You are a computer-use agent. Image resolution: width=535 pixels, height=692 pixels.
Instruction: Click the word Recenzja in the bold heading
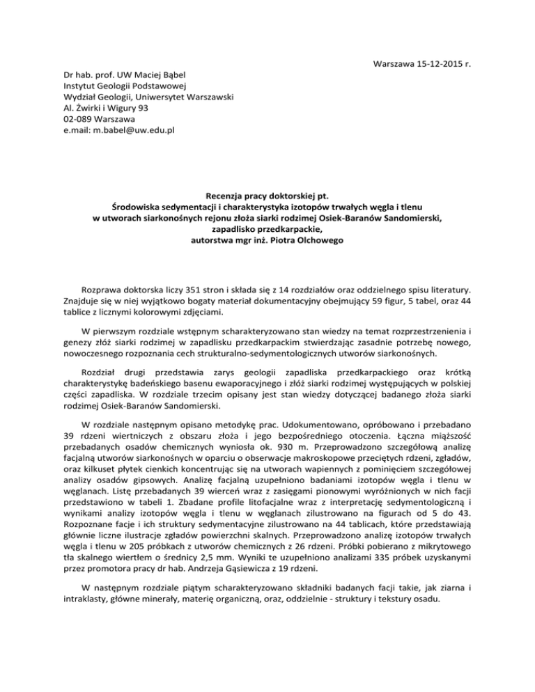pyautogui.click(x=220, y=187)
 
